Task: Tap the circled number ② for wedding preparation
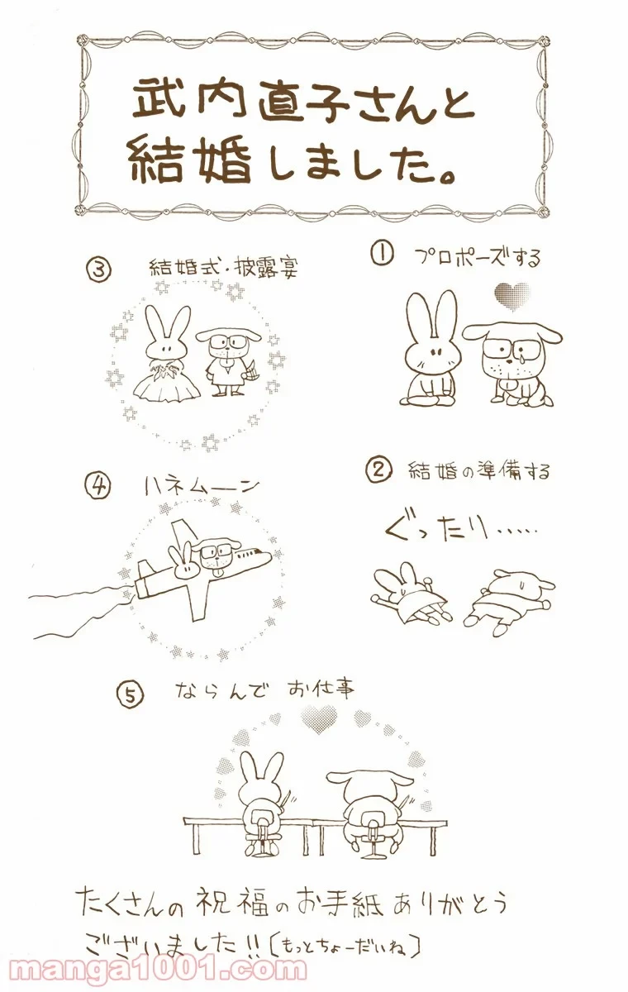tap(377, 470)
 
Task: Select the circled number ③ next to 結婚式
tap(98, 269)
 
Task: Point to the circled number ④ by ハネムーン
tap(98, 486)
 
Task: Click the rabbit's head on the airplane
tap(183, 563)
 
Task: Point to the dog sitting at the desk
tap(364, 798)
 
